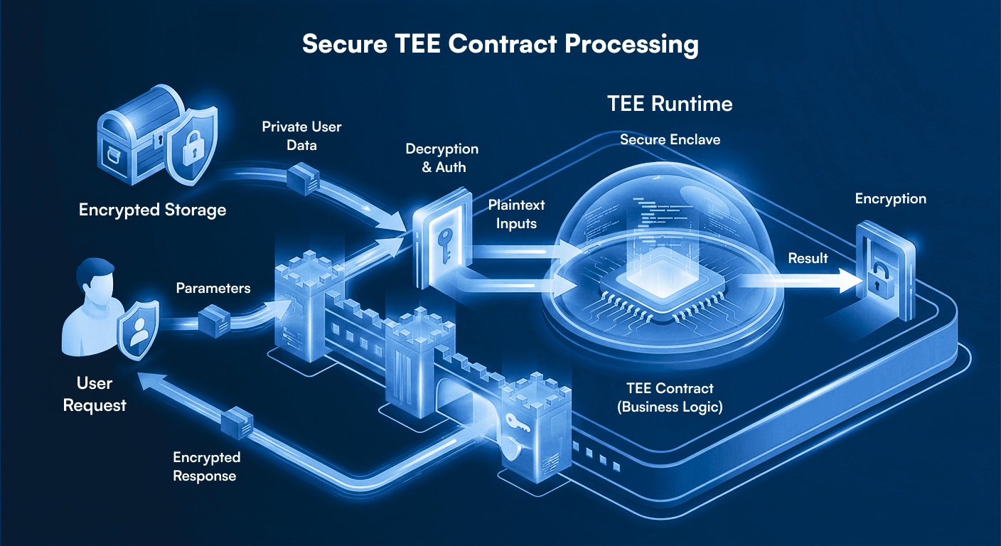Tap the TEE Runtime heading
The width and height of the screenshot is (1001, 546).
tap(669, 104)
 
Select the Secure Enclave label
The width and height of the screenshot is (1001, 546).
tap(670, 139)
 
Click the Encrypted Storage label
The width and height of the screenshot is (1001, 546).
tap(152, 210)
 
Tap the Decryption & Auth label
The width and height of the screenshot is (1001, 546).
tap(441, 158)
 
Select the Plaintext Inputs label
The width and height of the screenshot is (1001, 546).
tap(516, 214)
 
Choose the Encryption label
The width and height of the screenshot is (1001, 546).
tap(890, 199)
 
